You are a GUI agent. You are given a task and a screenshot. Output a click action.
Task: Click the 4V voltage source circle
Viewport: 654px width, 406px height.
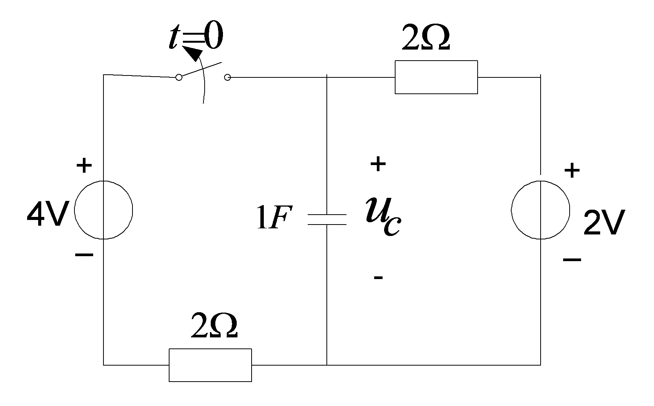pos(74,210)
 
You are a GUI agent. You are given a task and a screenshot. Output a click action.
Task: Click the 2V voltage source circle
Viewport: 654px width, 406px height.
pos(511,210)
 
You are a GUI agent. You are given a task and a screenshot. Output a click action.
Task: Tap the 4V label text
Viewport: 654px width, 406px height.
pos(48,213)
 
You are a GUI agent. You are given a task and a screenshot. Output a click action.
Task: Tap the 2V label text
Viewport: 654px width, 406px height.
pos(604,222)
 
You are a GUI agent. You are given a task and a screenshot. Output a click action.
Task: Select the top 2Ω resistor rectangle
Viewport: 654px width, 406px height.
pos(436,61)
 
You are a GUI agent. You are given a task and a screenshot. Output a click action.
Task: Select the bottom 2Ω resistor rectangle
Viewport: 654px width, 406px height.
pos(210,349)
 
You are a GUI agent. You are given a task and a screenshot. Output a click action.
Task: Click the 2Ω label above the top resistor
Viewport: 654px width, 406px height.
pos(426,37)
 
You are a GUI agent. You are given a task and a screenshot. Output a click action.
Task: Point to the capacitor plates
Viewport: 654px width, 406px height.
pos(327,220)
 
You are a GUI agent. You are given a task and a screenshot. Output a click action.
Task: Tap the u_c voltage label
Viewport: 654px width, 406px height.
pos(384,216)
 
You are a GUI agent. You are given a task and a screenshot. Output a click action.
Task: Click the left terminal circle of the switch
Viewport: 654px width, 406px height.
pos(179,77)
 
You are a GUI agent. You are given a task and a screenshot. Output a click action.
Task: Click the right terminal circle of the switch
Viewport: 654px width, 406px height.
pos(228,77)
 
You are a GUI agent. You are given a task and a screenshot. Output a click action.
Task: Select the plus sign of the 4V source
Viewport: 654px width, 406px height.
pos(84,165)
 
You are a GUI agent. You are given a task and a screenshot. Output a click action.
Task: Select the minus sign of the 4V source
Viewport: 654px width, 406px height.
pos(84,255)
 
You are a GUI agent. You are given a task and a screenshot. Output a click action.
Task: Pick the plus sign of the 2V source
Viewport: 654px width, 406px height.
pos(572,170)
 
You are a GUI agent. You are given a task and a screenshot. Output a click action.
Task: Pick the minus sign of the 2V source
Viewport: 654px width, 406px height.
pos(572,259)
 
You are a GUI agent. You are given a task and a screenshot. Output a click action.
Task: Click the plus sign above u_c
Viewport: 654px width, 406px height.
pos(378,164)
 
